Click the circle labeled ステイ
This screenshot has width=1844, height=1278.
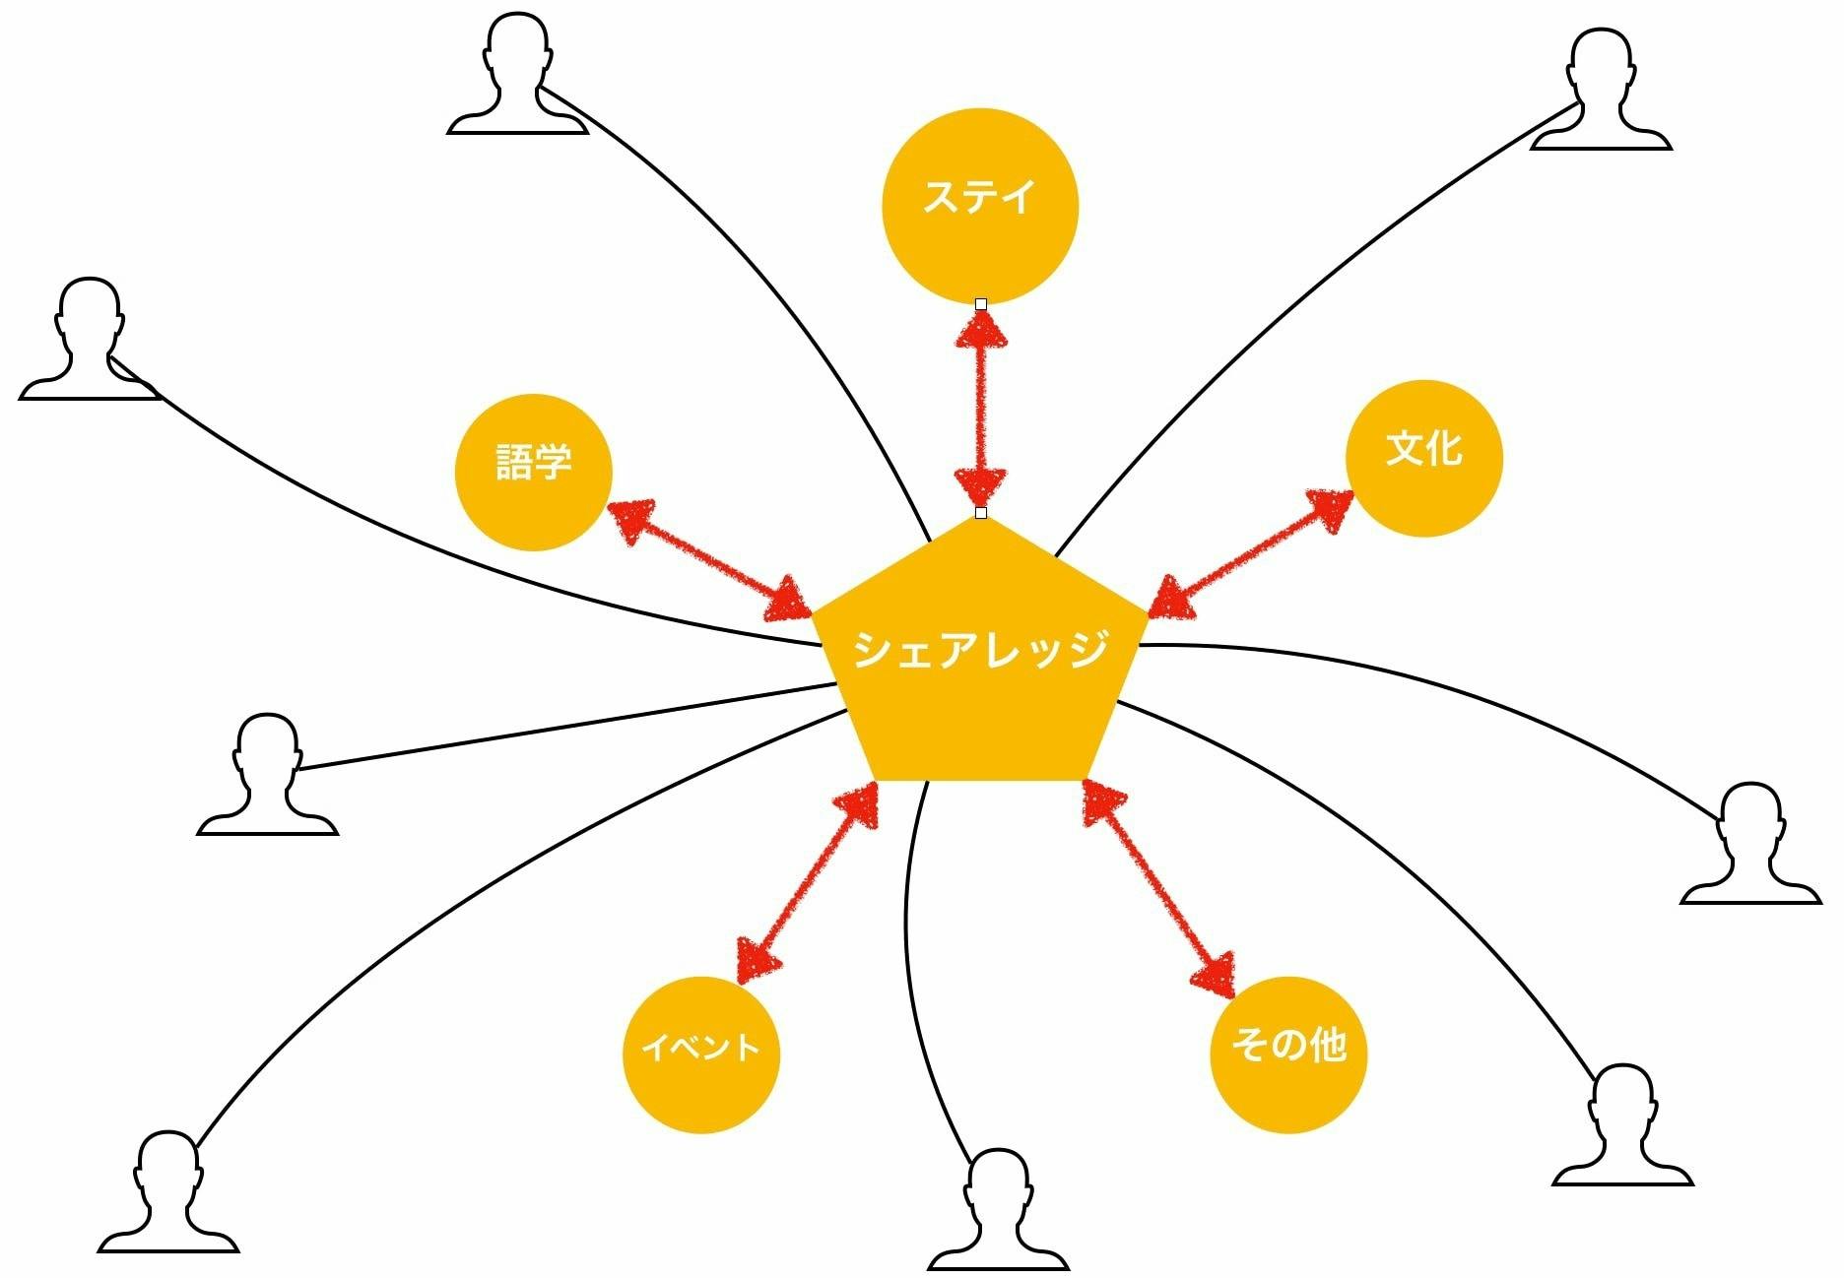pyautogui.click(x=979, y=206)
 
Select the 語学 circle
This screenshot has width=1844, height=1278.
pyautogui.click(x=533, y=472)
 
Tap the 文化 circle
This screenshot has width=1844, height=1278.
pyautogui.click(x=1423, y=458)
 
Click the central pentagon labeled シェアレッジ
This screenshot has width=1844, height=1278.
pyautogui.click(x=979, y=660)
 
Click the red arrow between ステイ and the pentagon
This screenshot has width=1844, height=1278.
pyautogui.click(x=980, y=408)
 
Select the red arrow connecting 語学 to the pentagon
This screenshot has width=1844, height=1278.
pyautogui.click(x=709, y=562)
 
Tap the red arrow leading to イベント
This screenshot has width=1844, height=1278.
pyautogui.click(x=808, y=881)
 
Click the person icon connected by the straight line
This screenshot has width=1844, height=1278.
pyautogui.click(x=267, y=777)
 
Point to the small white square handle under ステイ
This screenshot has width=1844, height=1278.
pyautogui.click(x=980, y=304)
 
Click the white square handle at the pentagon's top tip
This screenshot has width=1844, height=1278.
pyautogui.click(x=980, y=513)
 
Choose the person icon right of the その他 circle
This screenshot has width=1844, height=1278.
pyautogui.click(x=1622, y=1127)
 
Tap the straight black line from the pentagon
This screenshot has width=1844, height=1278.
pyautogui.click(x=561, y=727)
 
